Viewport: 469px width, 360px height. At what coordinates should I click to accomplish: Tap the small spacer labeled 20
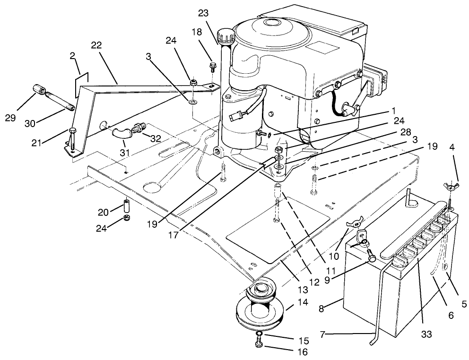[x=126, y=206]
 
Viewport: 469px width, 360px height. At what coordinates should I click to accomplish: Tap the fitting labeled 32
[x=139, y=127]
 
